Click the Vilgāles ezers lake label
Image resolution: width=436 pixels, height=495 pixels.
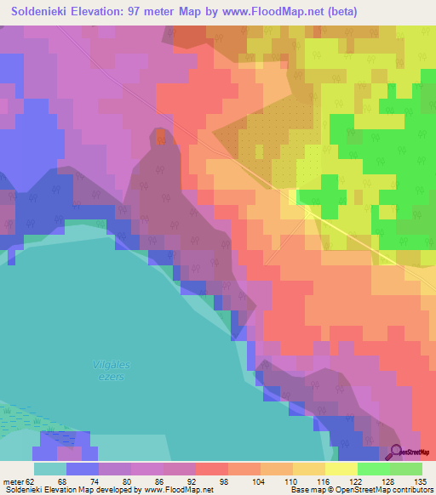coord(110,369)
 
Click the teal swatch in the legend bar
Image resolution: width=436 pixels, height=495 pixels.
coord(50,469)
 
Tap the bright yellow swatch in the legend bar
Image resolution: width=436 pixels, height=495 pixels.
coord(341,469)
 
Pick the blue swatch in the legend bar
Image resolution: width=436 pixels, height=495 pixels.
coord(83,469)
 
